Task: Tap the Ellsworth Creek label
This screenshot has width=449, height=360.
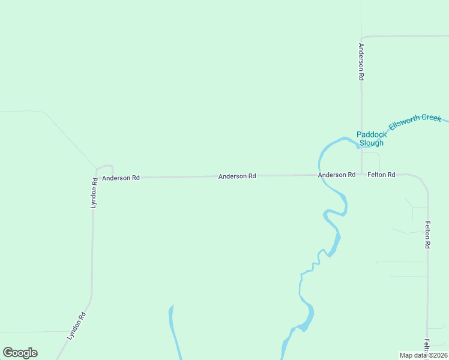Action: pyautogui.click(x=415, y=122)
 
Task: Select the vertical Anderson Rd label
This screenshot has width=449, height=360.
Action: pyautogui.click(x=361, y=62)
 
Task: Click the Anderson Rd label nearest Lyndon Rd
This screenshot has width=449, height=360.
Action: pyautogui.click(x=121, y=178)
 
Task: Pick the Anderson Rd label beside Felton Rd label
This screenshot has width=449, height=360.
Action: pyautogui.click(x=337, y=175)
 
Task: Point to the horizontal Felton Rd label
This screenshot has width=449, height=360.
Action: pyautogui.click(x=382, y=175)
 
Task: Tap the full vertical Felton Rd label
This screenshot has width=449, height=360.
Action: pyautogui.click(x=428, y=235)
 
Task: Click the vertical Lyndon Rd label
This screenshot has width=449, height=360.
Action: pyautogui.click(x=94, y=193)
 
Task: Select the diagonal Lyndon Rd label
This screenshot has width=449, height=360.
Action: pyautogui.click(x=77, y=326)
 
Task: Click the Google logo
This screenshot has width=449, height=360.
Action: pyautogui.click(x=20, y=353)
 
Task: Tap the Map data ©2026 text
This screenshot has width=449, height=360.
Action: pyautogui.click(x=424, y=355)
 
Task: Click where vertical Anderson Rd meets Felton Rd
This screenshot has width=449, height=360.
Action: pyautogui.click(x=361, y=175)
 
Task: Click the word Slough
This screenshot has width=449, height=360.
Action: pyautogui.click(x=371, y=143)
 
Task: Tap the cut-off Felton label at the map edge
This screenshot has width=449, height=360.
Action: pyautogui.click(x=427, y=346)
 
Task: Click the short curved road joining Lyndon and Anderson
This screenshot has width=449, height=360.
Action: pyautogui.click(x=105, y=167)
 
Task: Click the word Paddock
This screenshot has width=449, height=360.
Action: pyautogui.click(x=372, y=134)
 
